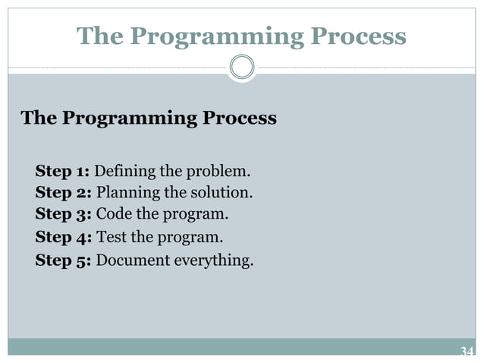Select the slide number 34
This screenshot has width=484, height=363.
[x=467, y=351]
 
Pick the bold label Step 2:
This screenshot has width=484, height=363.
[x=64, y=192]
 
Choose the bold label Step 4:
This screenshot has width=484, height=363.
[x=64, y=237]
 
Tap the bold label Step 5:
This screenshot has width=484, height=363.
[x=64, y=260]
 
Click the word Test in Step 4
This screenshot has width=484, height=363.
[x=111, y=237]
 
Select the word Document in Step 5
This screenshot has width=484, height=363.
[x=132, y=260]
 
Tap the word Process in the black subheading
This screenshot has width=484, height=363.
[x=243, y=119]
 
